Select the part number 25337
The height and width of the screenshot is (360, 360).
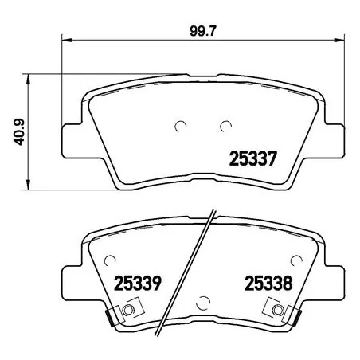click(x=252, y=158)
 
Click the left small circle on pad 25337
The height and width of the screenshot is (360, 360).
click(x=180, y=124)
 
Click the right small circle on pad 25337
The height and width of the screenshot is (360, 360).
click(x=225, y=124)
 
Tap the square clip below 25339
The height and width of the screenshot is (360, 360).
click(x=131, y=309)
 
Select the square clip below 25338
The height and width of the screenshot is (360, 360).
click(x=277, y=309)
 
